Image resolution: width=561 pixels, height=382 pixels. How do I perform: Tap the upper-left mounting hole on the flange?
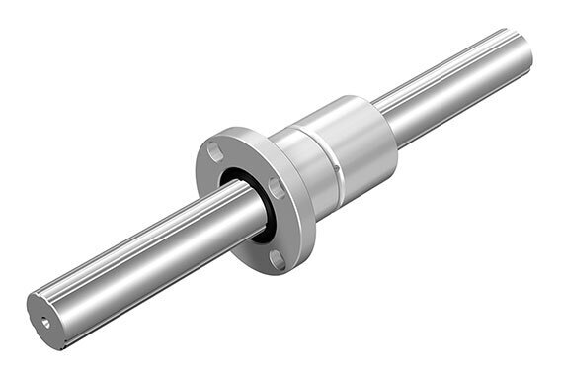pyautogui.click(x=212, y=151)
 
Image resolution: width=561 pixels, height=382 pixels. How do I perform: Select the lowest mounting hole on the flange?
pyautogui.click(x=278, y=259)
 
